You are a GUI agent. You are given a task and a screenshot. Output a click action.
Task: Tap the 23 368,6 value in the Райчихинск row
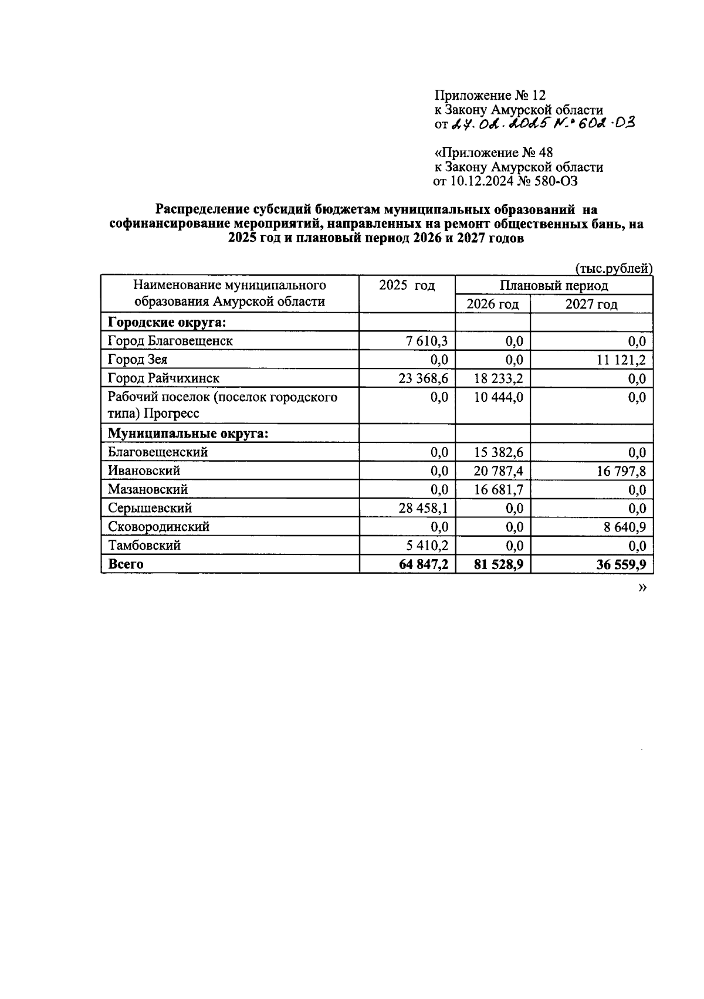tap(423, 378)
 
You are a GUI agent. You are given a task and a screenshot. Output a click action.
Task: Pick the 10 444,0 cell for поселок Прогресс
tap(499, 397)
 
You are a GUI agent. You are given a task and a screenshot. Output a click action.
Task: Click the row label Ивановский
tap(144, 470)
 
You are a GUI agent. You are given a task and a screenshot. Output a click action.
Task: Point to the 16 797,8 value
tap(622, 471)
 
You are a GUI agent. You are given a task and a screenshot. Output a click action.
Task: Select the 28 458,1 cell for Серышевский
tap(423, 508)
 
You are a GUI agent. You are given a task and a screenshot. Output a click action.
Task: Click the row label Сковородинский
tap(158, 527)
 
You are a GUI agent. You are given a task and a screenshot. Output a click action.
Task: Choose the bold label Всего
tap(126, 564)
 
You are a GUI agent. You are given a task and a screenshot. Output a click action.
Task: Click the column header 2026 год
tap(492, 304)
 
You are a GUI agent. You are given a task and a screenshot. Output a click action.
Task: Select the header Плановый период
tap(554, 286)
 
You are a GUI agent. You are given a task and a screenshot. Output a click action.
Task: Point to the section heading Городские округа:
tap(167, 322)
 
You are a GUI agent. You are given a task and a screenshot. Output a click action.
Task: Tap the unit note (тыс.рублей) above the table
tap(614, 269)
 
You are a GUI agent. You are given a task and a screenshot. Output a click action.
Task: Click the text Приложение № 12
tap(490, 96)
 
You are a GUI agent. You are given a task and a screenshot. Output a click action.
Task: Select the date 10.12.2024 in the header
tap(480, 181)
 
